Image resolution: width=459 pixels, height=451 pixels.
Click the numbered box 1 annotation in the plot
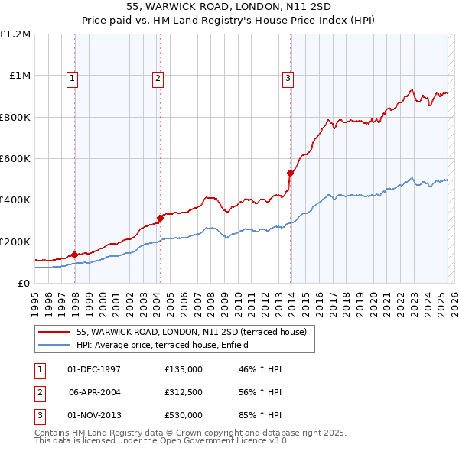click(71, 77)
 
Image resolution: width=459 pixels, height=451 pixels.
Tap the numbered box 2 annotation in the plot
click(157, 77)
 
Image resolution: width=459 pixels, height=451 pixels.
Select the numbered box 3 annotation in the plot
click(288, 77)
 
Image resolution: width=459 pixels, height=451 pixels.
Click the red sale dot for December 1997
click(74, 255)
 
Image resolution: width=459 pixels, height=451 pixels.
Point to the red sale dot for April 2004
click(160, 219)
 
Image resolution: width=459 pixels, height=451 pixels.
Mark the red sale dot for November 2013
click(291, 173)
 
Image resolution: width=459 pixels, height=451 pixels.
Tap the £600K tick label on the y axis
click(15, 159)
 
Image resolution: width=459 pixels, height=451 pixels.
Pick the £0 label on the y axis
click(24, 283)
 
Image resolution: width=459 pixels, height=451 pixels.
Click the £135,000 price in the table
click(184, 369)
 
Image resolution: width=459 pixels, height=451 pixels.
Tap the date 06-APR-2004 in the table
click(95, 392)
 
